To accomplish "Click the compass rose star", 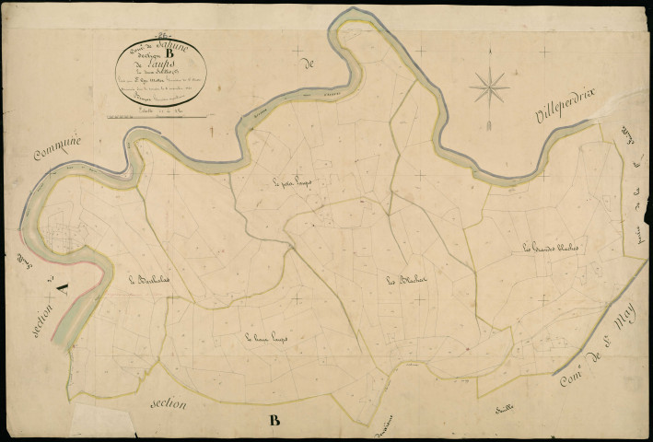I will pos(489,88).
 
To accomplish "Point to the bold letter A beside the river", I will pos(60,288).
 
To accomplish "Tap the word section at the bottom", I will pos(172,403).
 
